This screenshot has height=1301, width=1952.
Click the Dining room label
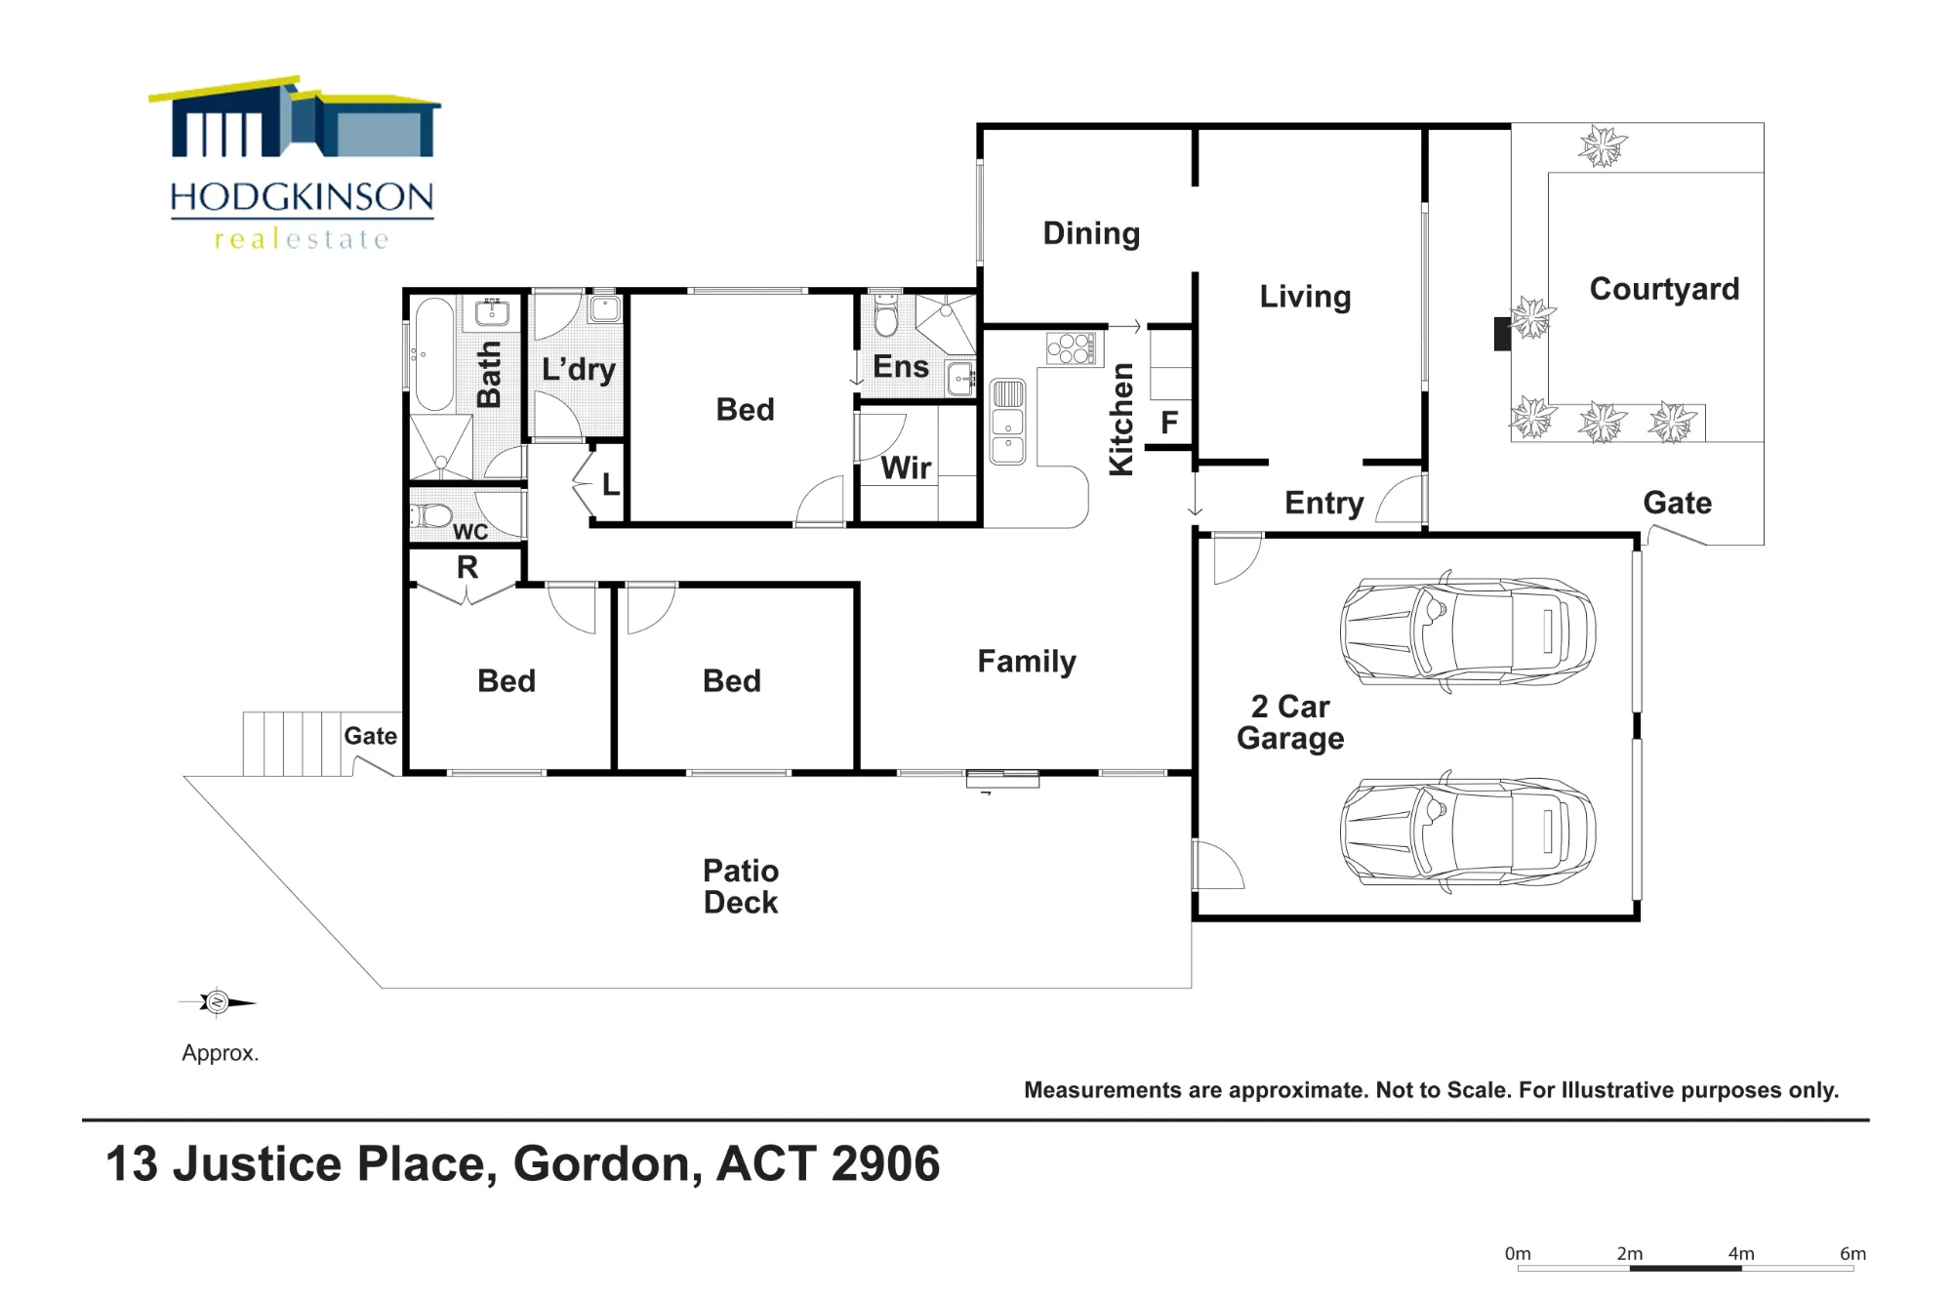(1091, 233)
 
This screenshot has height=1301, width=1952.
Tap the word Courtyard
(1664, 289)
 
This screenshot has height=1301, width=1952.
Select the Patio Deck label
(741, 886)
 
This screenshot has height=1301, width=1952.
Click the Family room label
(1027, 662)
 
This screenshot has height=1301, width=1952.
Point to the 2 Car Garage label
(1290, 722)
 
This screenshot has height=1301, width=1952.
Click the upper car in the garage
(1468, 631)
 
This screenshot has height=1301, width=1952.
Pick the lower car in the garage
(1468, 832)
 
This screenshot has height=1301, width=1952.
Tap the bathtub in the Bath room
(434, 354)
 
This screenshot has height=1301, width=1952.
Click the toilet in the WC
(430, 514)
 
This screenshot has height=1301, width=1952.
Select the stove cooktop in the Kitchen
(1071, 348)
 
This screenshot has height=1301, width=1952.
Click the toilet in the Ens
(885, 313)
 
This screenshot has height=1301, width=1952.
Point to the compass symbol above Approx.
(217, 1002)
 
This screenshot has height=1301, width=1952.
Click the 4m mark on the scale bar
(1741, 1254)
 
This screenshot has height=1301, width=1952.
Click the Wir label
(906, 468)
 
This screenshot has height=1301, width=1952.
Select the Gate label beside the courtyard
(1677, 503)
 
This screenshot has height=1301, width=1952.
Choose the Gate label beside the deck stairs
(370, 736)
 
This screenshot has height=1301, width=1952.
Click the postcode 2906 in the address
(885, 1163)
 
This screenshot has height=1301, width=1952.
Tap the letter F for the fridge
(1169, 423)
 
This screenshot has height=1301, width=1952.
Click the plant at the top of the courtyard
(1603, 146)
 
